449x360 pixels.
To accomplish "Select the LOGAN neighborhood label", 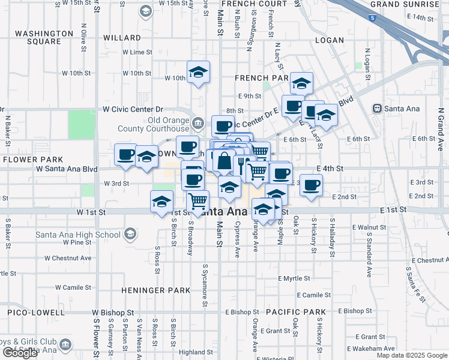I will (x=330, y=41).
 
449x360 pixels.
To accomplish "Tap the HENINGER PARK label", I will (x=148, y=290).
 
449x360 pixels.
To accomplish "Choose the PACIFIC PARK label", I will (x=295, y=313).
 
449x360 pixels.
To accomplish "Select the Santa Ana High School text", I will (x=78, y=235).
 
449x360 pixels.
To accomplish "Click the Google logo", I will (x=20, y=353).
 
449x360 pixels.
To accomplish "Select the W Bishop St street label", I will (x=113, y=313).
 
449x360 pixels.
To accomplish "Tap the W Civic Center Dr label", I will (x=133, y=109).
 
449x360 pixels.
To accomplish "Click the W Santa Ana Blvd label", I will (x=67, y=169).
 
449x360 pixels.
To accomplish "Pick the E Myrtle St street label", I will (x=294, y=278).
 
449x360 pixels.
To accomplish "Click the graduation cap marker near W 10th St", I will (x=199, y=73).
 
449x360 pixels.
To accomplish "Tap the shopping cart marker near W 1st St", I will (x=197, y=202).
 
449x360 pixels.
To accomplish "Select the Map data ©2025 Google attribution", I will (x=411, y=355).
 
